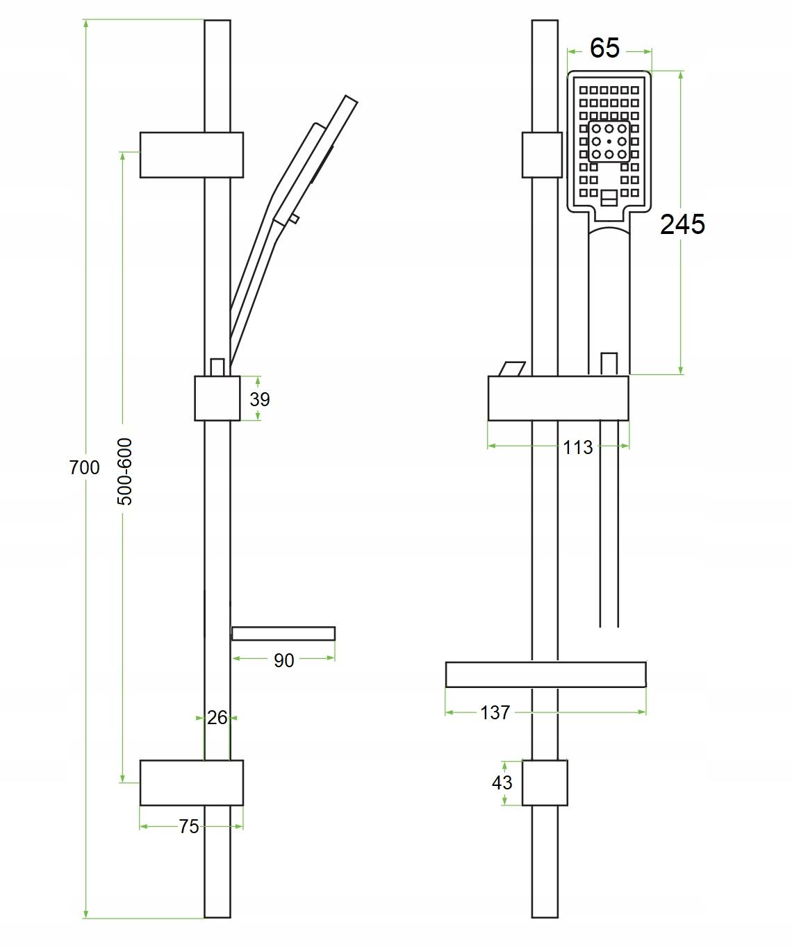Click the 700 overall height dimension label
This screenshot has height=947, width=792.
(85, 467)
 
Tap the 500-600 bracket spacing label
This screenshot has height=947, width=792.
(124, 471)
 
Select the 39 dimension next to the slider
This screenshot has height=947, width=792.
(260, 399)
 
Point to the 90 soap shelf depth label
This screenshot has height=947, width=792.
(283, 660)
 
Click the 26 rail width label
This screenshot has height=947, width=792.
(217, 717)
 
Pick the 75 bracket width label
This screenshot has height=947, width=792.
(188, 826)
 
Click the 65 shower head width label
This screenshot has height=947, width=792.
(604, 48)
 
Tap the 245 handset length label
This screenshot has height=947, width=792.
(682, 224)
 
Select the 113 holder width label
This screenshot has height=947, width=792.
(578, 447)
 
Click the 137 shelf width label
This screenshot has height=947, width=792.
(495, 712)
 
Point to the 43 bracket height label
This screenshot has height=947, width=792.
(502, 782)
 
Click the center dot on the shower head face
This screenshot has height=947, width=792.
(609, 142)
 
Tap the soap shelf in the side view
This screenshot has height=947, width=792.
(283, 633)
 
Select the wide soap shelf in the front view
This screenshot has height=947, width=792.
(545, 674)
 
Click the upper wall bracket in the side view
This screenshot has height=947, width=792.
(192, 155)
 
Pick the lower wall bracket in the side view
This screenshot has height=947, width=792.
(192, 782)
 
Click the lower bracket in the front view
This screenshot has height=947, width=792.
(545, 782)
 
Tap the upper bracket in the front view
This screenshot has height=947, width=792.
(542, 155)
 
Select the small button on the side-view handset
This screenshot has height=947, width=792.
(294, 219)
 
